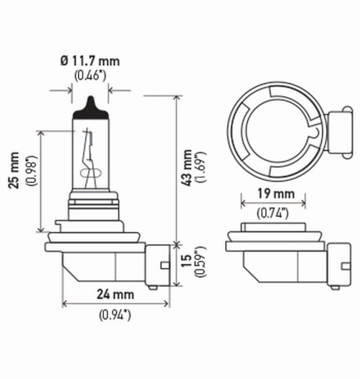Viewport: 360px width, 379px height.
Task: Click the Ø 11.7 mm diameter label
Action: click(90, 61)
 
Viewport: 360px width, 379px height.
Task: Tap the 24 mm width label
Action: click(115, 294)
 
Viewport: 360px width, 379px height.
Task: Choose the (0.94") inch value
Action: click(115, 314)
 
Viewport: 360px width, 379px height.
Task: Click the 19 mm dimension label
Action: click(273, 194)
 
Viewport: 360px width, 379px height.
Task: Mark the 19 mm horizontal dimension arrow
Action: click(273, 203)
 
